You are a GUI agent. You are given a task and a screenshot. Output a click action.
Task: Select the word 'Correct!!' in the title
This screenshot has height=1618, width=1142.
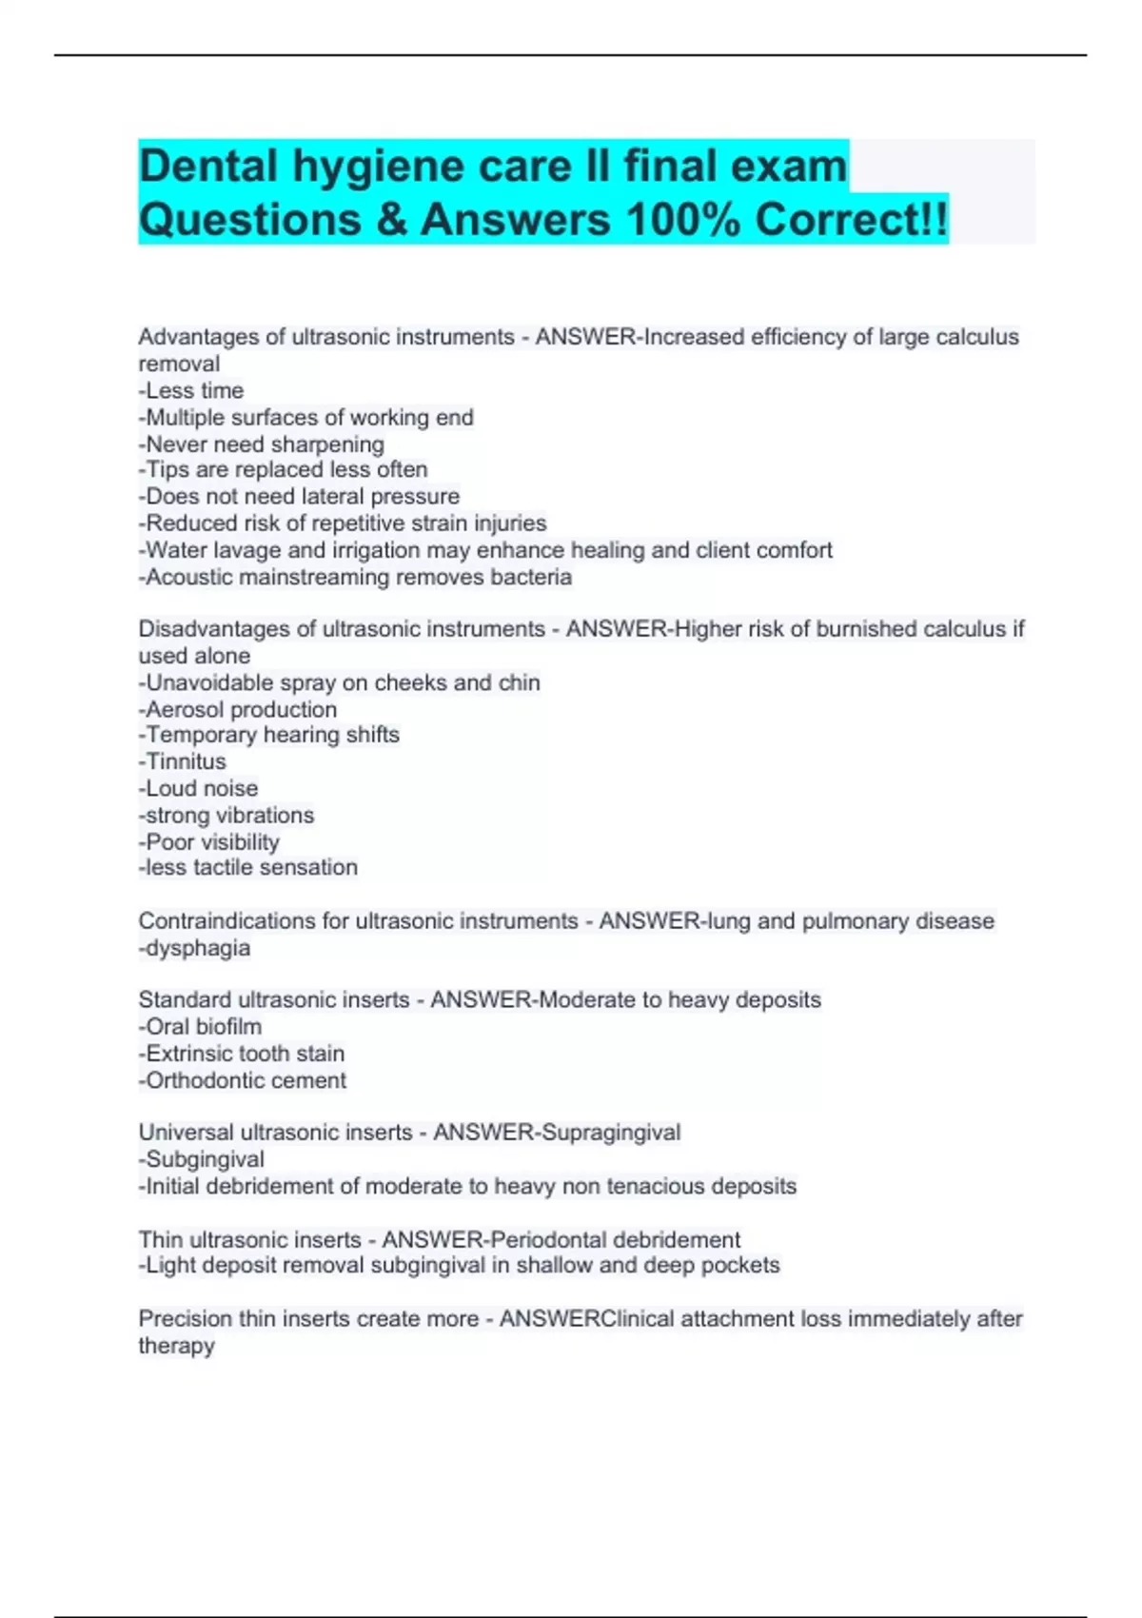pos(852,220)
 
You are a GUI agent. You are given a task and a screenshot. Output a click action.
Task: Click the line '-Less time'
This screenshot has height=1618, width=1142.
pos(191,390)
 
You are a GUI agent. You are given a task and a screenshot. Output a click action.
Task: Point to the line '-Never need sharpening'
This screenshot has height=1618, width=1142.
pos(262,444)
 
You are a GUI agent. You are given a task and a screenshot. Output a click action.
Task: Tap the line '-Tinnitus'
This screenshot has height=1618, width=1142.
pos(183,761)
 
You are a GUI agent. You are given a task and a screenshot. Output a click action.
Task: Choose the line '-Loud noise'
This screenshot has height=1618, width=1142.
pos(198,788)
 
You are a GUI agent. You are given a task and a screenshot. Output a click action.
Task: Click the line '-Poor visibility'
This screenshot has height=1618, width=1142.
pos(209,841)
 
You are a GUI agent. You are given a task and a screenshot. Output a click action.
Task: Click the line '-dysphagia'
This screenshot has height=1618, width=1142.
pos(195,948)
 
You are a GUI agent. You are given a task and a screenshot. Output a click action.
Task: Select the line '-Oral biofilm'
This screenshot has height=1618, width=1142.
pos(201,1026)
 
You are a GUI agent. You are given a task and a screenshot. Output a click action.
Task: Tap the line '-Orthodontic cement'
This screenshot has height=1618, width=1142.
pos(243,1080)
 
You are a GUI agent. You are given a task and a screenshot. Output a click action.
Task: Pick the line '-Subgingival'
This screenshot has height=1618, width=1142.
pos(202,1159)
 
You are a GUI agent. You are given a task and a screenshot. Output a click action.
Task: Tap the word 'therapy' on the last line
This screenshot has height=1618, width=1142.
pos(177,1346)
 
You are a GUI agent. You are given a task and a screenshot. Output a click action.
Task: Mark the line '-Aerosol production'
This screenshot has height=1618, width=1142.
pos(238,709)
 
